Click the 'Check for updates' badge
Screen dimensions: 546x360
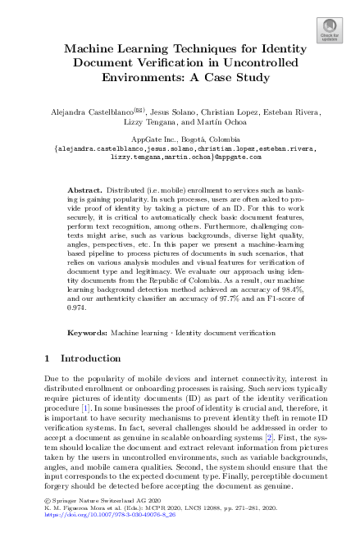329,30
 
